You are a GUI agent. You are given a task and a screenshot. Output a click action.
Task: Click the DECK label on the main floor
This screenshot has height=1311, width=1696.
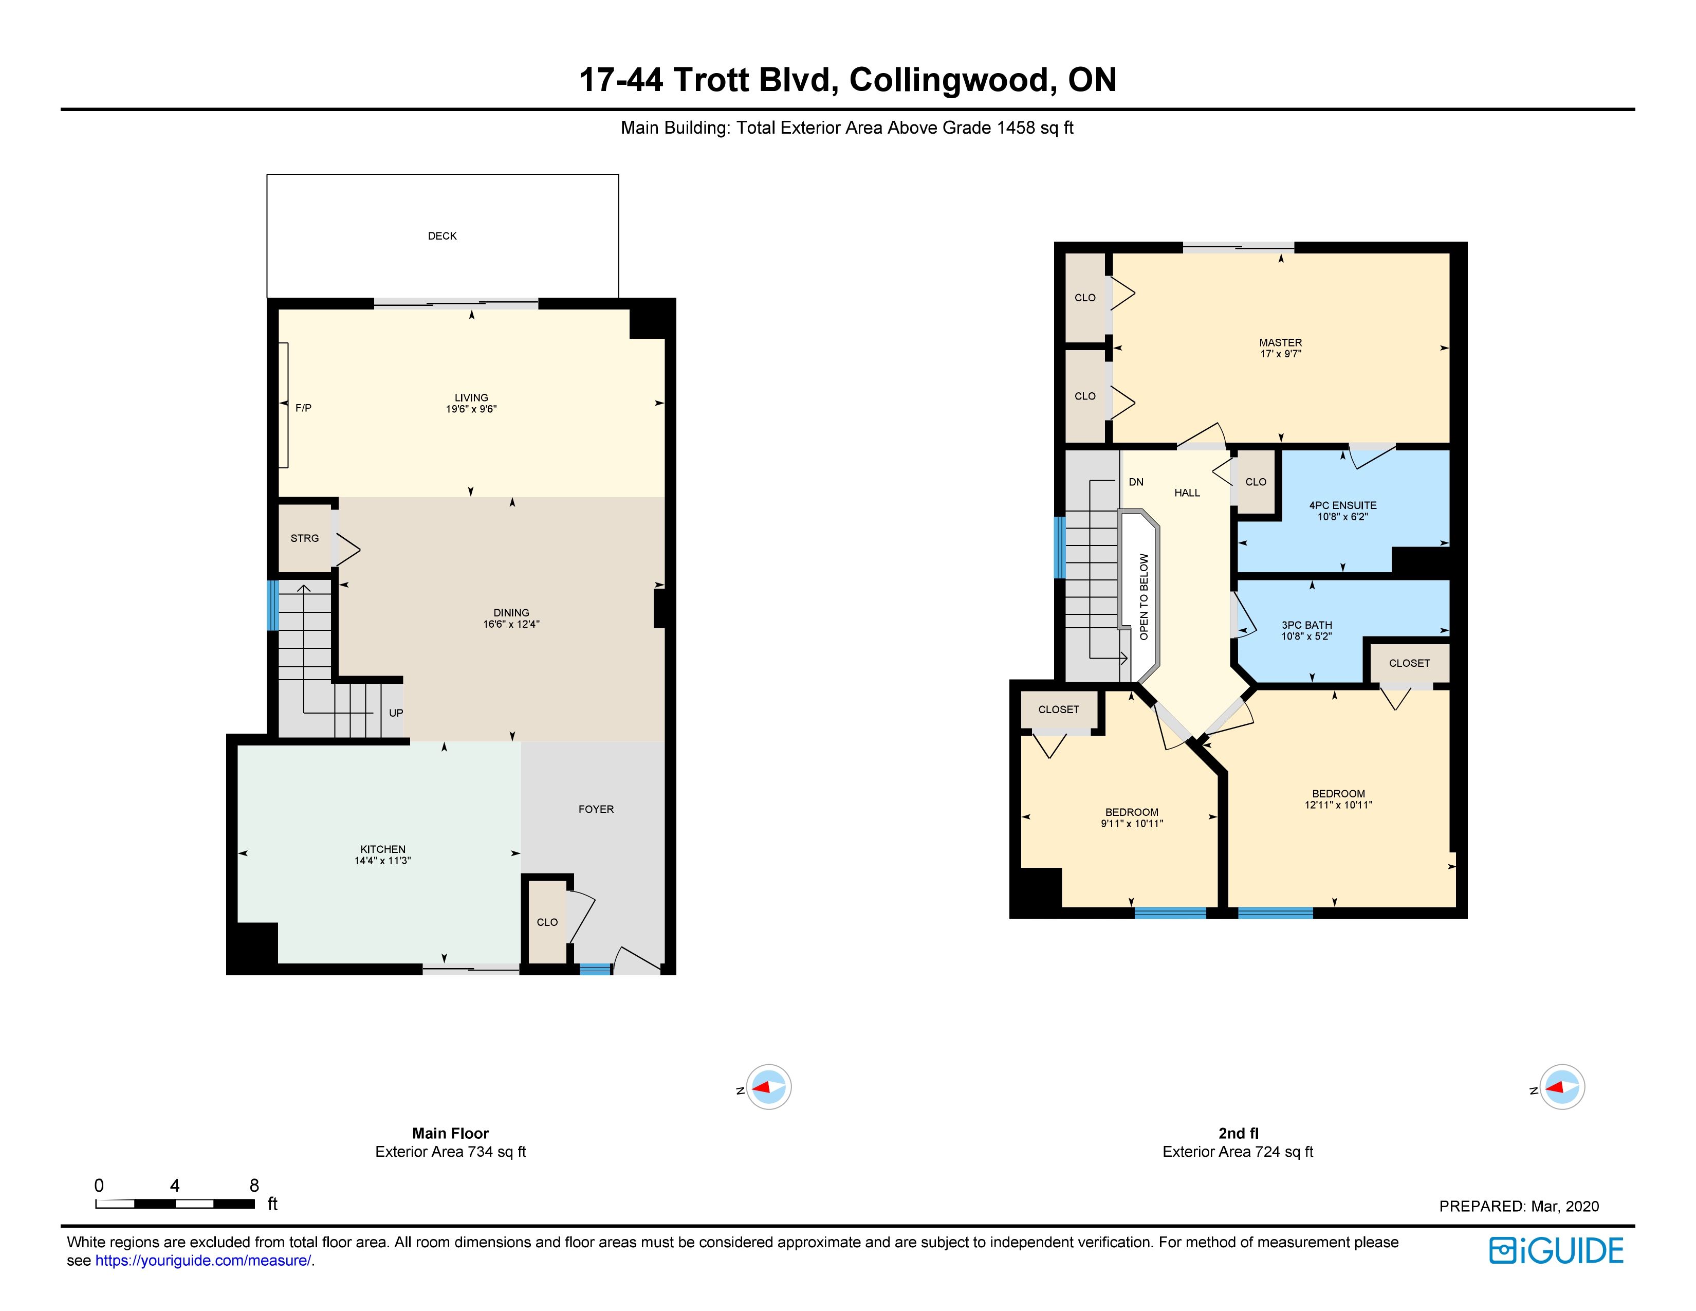coord(442,236)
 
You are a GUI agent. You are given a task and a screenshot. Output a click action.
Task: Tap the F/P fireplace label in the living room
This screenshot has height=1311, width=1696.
coord(304,408)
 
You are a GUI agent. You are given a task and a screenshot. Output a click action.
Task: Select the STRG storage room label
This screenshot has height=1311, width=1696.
coord(304,538)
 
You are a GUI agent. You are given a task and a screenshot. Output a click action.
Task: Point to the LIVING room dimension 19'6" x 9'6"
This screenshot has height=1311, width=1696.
coord(471,409)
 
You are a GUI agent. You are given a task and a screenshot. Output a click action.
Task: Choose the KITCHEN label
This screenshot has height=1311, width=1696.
coord(383,849)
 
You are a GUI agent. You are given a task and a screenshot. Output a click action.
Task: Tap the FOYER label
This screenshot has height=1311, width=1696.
coord(596,809)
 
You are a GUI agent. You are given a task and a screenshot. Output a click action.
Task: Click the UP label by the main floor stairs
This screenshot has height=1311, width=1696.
coord(396,713)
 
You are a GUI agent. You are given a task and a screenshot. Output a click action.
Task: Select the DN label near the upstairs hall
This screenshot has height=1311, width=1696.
coord(1136,482)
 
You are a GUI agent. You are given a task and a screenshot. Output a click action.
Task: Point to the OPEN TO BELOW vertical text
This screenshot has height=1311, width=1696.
coord(1144,596)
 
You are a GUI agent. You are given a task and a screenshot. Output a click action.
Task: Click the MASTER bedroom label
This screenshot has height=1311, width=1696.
coord(1281,342)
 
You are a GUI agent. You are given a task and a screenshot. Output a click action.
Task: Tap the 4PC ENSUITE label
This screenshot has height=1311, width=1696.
coord(1342,505)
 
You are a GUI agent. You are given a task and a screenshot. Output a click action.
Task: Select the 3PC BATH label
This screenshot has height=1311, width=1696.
coord(1307,625)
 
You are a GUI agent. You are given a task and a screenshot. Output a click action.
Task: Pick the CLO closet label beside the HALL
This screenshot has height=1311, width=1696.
coord(1256,482)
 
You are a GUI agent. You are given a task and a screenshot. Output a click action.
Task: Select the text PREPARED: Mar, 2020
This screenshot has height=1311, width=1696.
coord(1519,1206)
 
